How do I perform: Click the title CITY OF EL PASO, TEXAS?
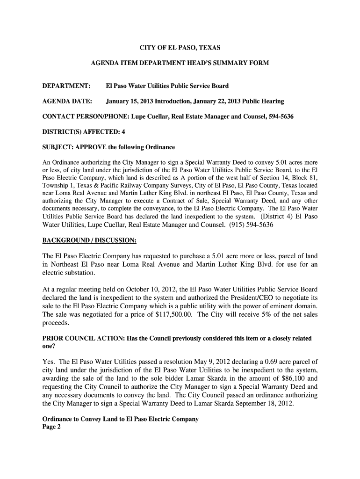(180, 48)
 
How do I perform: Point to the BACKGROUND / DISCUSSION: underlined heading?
(89, 240)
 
